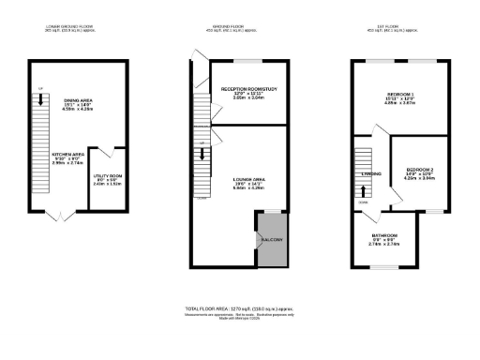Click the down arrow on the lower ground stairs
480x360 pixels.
tap(40, 97)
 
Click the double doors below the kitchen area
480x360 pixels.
tap(59, 217)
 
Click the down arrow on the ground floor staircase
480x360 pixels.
tap(203, 153)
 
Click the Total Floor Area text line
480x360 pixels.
tap(241, 307)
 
